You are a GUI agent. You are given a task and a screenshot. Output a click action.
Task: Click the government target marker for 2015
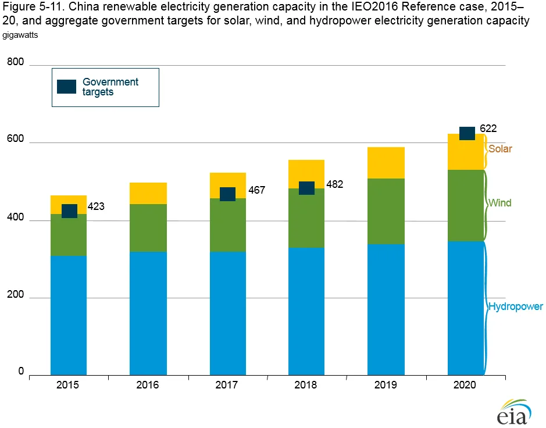69,211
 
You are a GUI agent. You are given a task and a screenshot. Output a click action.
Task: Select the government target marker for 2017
227,194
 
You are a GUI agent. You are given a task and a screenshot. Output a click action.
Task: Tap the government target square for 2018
307,188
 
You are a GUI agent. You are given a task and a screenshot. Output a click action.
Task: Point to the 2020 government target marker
468,133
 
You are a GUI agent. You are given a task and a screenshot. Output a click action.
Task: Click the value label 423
96,206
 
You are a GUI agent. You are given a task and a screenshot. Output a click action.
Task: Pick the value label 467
256,190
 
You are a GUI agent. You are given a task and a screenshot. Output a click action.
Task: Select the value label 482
334,184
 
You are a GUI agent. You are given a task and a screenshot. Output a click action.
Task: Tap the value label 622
488,128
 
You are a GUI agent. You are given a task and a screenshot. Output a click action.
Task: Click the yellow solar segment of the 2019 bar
386,163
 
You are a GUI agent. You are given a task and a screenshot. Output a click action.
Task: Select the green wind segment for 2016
148,228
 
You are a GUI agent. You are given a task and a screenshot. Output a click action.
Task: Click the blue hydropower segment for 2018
306,311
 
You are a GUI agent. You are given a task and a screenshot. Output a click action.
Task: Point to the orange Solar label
500,149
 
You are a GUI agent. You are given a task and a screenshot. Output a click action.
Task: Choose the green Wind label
499,203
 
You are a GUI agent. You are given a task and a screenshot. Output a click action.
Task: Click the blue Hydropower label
515,306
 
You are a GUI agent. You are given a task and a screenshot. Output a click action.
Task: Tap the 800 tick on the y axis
15,62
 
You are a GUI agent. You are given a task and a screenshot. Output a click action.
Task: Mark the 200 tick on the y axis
15,294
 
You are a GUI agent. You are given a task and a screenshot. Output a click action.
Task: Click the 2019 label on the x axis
386,385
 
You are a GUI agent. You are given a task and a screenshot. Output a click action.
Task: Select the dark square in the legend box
66,87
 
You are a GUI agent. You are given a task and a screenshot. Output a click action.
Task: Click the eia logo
514,412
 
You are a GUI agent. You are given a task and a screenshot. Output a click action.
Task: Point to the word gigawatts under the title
20,35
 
